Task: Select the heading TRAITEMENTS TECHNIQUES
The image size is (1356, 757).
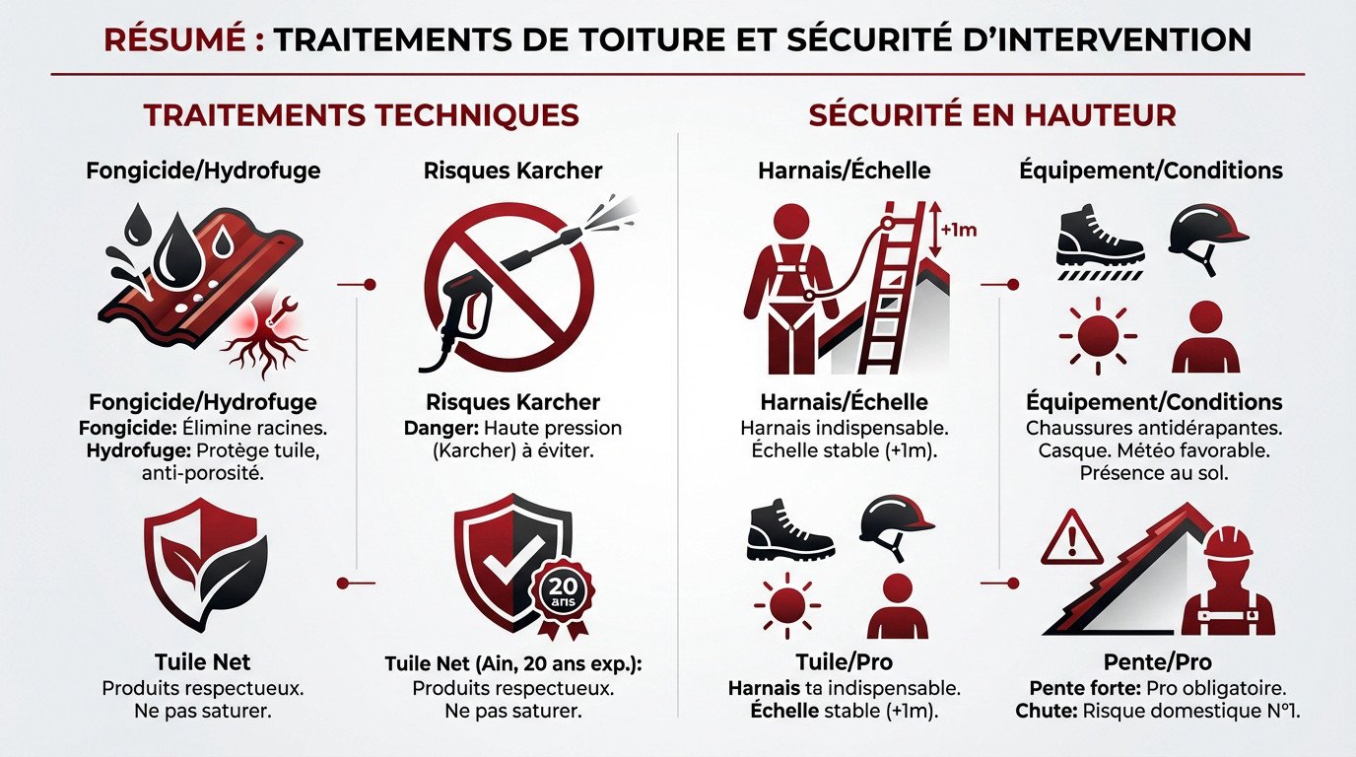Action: click(361, 115)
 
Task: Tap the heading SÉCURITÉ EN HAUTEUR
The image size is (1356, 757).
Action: click(992, 115)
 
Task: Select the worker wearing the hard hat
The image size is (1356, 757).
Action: click(1226, 582)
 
